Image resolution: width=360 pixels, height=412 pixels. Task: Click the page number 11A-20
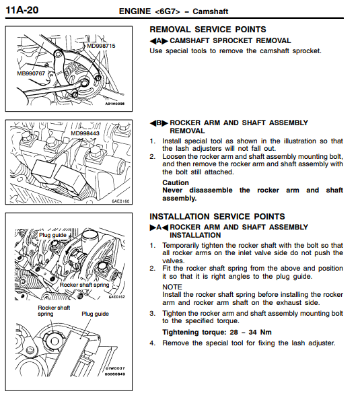(x=22, y=10)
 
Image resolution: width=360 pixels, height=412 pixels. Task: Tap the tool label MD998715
(x=101, y=46)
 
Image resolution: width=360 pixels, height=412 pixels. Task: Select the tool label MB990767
(x=31, y=73)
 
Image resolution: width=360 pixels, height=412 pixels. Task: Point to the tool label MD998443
(x=85, y=133)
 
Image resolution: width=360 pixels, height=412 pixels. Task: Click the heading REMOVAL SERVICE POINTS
(x=208, y=30)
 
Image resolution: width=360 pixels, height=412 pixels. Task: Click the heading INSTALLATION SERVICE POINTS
(x=217, y=217)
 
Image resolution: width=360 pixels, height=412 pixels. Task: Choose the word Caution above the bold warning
(x=176, y=182)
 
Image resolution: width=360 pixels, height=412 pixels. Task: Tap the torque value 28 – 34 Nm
(x=251, y=332)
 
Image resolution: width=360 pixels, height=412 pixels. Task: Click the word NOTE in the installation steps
(x=172, y=287)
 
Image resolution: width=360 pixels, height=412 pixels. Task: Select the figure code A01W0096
(x=115, y=104)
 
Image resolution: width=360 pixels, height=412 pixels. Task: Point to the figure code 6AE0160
(x=120, y=201)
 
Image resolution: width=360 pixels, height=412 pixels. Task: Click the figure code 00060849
(x=115, y=374)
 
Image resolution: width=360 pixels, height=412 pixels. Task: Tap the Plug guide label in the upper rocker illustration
(x=52, y=235)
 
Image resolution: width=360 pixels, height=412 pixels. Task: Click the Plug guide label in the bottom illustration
(x=95, y=314)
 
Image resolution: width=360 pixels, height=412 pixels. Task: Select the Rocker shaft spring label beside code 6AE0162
(x=84, y=285)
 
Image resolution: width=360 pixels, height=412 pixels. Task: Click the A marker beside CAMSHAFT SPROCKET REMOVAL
(x=159, y=41)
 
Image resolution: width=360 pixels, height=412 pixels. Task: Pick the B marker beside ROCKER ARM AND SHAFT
(x=159, y=123)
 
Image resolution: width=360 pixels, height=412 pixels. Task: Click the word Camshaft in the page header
(x=210, y=11)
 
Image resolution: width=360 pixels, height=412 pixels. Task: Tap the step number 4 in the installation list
(x=152, y=343)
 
